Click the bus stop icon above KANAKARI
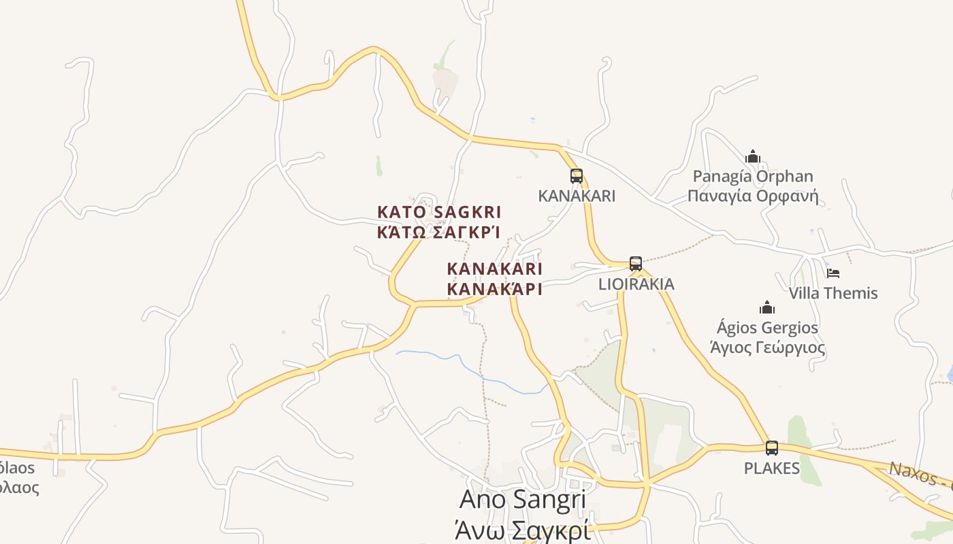(577, 176)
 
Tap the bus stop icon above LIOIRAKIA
(636, 264)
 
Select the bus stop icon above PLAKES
(772, 448)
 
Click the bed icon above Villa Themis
(833, 273)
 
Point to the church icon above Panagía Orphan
(752, 157)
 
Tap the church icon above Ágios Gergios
(767, 307)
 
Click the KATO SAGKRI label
(439, 211)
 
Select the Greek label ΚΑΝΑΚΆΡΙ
(494, 289)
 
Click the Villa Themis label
(833, 293)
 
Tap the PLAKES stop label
(772, 468)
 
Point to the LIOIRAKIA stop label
(636, 284)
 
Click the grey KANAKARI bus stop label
(577, 196)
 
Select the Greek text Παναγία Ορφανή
(752, 197)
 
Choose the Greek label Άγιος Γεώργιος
(767, 348)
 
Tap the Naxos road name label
(919, 474)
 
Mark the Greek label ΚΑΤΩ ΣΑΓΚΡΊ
(439, 232)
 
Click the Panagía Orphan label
(752, 177)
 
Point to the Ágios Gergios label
(767, 328)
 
